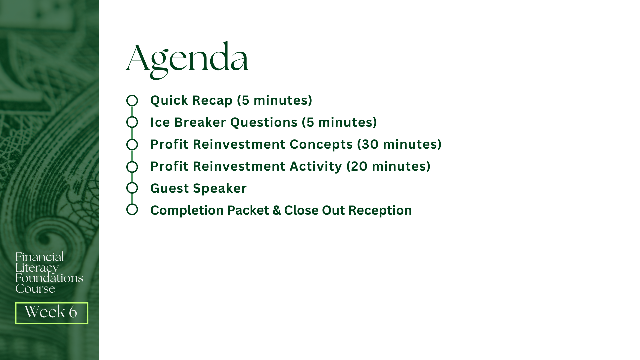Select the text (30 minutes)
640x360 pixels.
tap(399, 144)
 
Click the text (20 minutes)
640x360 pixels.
tap(389, 166)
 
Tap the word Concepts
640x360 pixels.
tap(321, 145)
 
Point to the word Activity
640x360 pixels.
tap(316, 166)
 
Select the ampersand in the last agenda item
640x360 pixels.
tap(277, 210)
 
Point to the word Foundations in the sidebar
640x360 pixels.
tap(49, 278)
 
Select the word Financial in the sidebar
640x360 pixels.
tap(40, 257)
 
